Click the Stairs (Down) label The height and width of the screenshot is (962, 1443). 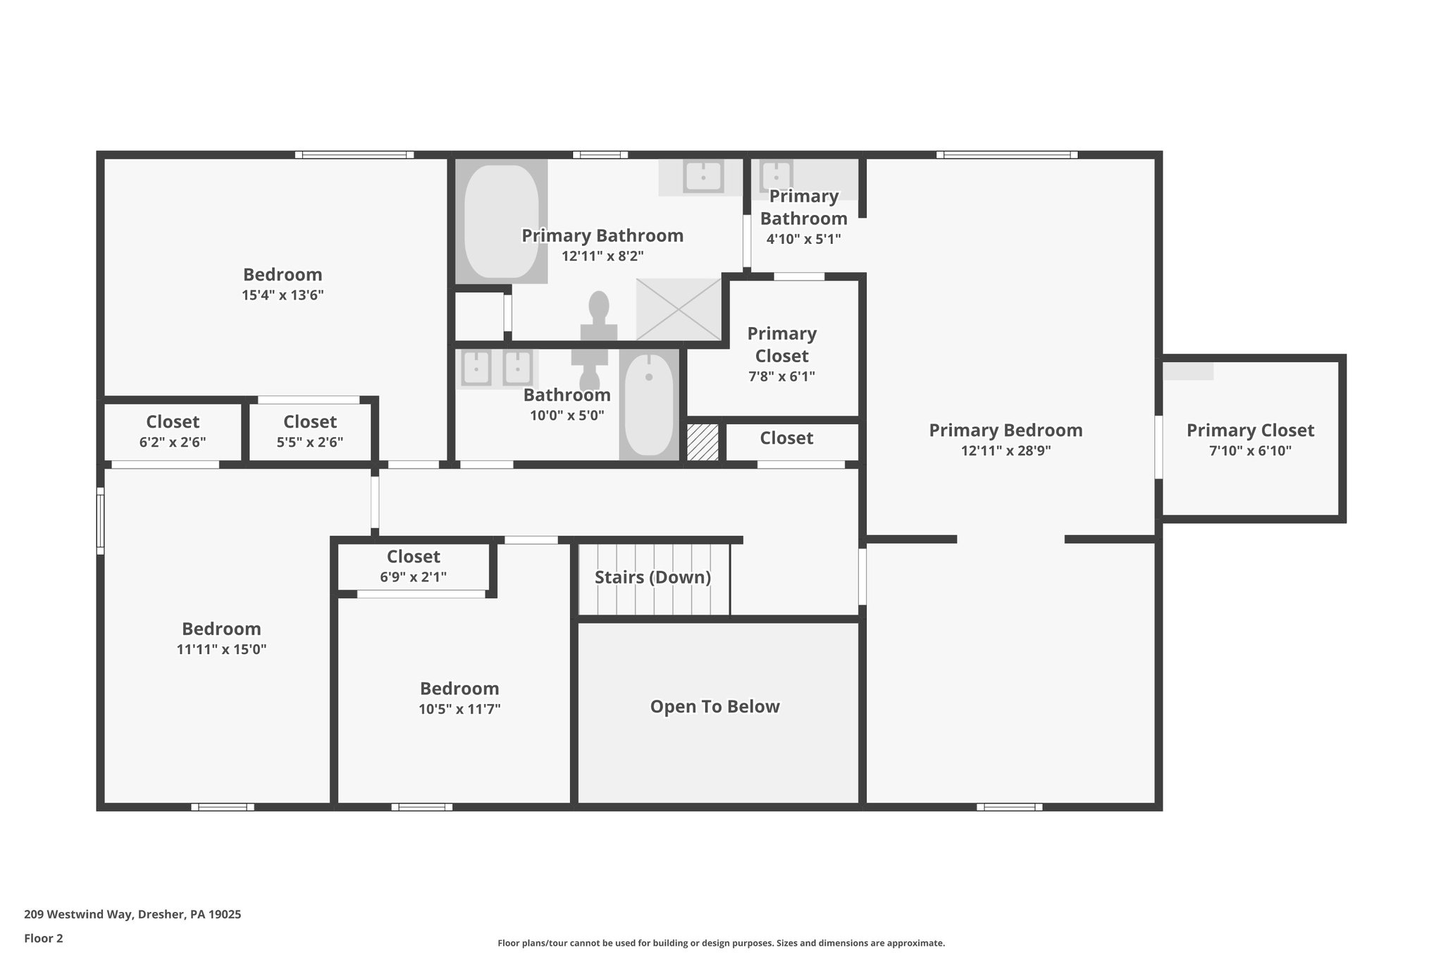point(652,577)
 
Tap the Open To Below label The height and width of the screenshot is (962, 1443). point(714,706)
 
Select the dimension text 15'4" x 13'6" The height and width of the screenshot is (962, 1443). point(283,295)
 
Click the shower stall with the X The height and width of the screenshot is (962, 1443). point(679,309)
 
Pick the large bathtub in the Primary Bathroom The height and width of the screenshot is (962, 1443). point(501,221)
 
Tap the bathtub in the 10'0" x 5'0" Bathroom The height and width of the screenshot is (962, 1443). point(649,406)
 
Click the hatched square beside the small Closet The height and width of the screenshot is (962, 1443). point(702,443)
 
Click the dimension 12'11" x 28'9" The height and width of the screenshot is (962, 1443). point(1005,450)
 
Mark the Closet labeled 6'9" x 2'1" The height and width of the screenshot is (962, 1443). point(414,566)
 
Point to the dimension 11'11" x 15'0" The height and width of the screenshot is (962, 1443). point(221,649)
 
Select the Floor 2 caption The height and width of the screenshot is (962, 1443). point(44,938)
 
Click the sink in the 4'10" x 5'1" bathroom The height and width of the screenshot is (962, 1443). point(776,174)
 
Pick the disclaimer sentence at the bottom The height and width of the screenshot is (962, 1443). point(721,943)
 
